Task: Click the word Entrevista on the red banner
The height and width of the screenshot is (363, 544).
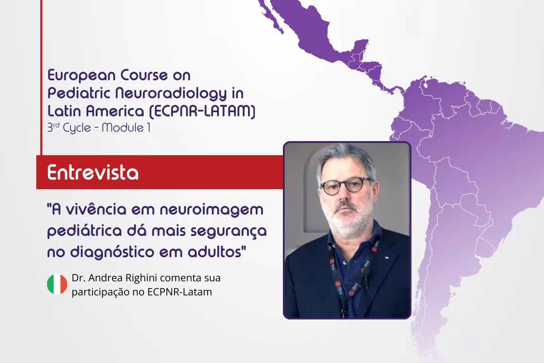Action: [93, 172]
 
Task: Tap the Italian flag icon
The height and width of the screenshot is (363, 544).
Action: [57, 284]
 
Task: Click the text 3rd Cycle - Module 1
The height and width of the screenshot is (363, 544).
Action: [99, 128]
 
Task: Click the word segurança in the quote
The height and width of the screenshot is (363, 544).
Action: [228, 231]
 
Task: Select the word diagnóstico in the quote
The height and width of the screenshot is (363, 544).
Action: [112, 252]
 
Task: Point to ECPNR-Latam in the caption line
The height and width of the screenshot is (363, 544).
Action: [180, 292]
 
